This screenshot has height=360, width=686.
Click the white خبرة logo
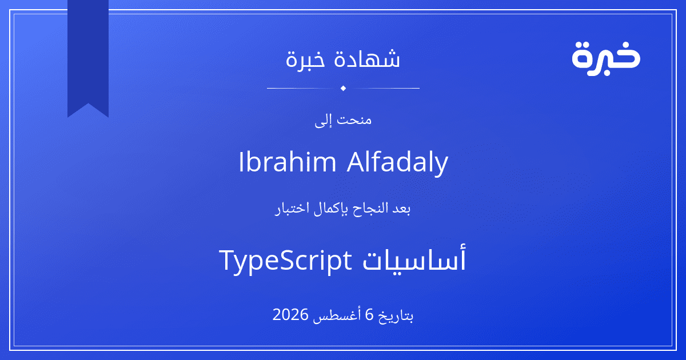pyautogui.click(x=606, y=58)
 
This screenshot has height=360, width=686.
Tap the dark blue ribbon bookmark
pyautogui.click(x=88, y=55)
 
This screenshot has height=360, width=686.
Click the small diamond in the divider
pyautogui.click(x=343, y=88)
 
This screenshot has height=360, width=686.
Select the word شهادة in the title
pyautogui.click(x=367, y=58)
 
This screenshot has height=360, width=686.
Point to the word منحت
pyautogui.click(x=354, y=119)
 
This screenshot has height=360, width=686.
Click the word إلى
pyautogui.click(x=323, y=121)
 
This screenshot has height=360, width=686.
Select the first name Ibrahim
pyautogui.click(x=287, y=162)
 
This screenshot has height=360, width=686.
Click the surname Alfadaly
pyautogui.click(x=397, y=163)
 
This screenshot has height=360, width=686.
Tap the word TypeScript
pyautogui.click(x=285, y=261)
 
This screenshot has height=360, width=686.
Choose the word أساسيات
pyautogui.click(x=414, y=259)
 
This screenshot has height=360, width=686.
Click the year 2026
pyautogui.click(x=290, y=315)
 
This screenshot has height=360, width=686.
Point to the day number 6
pyautogui.click(x=369, y=315)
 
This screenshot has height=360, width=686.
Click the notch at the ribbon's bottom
pyautogui.click(x=88, y=104)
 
